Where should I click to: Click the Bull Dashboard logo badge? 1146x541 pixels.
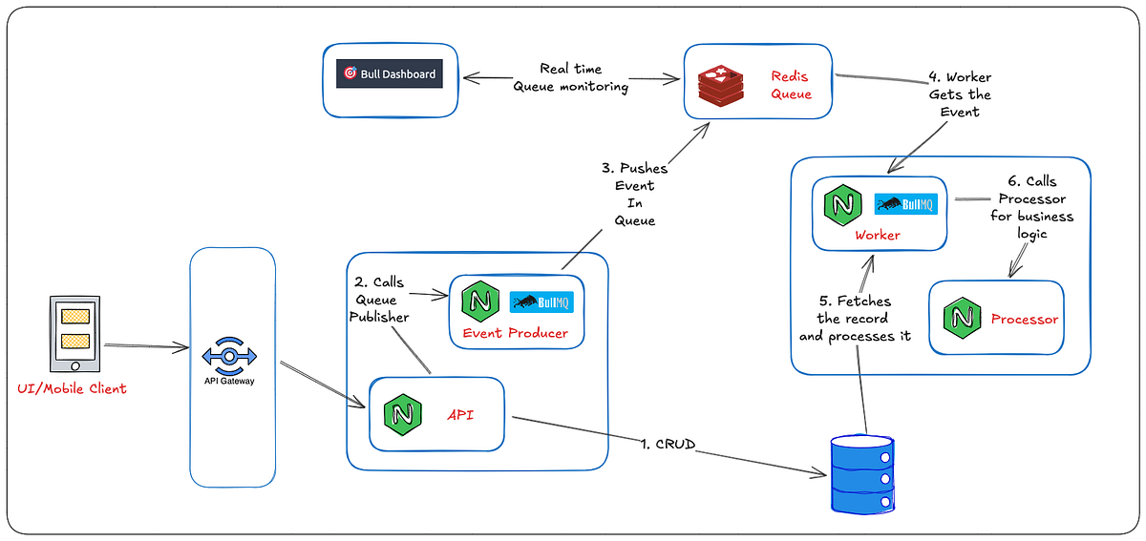[x=390, y=73]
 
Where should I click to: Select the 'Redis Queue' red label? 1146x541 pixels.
[x=791, y=84]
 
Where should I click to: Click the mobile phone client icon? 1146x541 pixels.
[x=74, y=335]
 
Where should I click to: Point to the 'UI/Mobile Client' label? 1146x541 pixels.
[x=72, y=388]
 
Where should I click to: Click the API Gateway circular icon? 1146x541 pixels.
[x=231, y=355]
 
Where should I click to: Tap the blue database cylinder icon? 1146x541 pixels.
[x=862, y=473]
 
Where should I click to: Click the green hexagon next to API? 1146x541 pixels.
[x=397, y=415]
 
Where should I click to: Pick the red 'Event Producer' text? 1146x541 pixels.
[x=515, y=333]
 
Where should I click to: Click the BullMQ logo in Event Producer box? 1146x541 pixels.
[x=541, y=302]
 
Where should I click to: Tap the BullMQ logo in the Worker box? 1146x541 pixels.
[x=906, y=204]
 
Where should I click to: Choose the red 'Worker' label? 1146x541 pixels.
[x=878, y=235]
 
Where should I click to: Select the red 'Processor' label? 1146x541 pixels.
[x=1025, y=319]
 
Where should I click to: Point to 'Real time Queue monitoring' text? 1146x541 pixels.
[x=571, y=77]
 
